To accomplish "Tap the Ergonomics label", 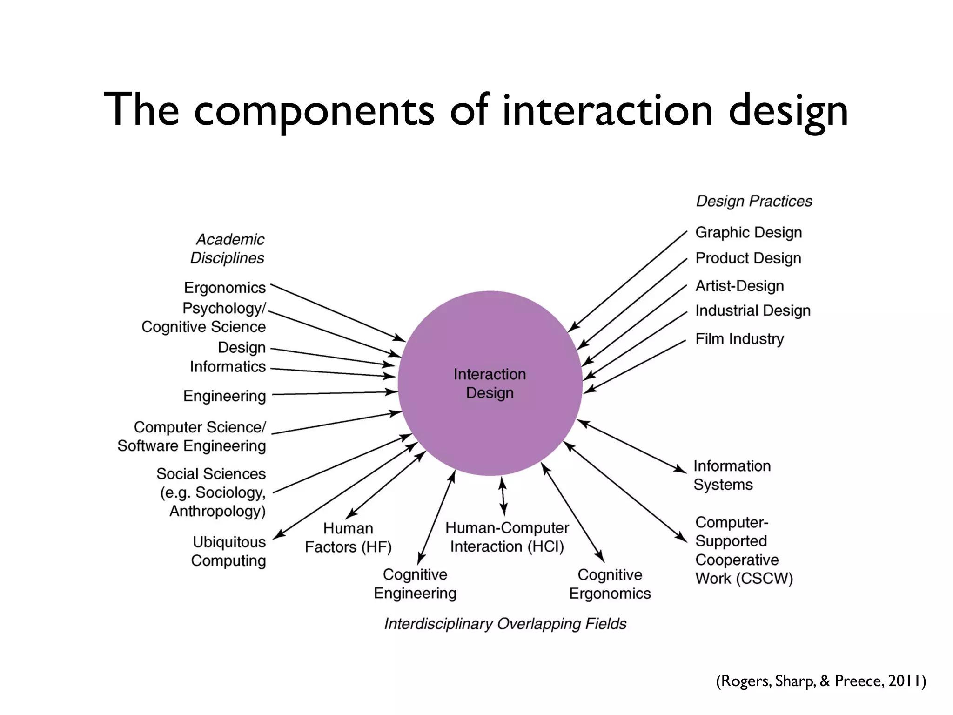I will [x=225, y=288].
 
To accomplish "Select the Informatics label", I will [x=228, y=367].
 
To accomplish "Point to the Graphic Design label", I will [x=748, y=232].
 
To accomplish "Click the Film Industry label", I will [x=739, y=339].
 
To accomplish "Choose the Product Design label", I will [x=748, y=258].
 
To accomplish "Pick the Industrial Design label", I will [x=752, y=310].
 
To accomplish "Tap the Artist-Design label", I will [x=739, y=286].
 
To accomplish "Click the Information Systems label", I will [x=732, y=475].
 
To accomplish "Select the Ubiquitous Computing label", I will [x=229, y=551].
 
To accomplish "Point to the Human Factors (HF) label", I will [x=348, y=538].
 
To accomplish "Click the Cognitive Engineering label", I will [x=415, y=584].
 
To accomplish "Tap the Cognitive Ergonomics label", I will [x=610, y=584].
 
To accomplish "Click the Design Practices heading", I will [x=754, y=201].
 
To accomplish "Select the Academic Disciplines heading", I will [x=228, y=249].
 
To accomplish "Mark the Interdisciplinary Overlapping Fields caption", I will [x=505, y=624].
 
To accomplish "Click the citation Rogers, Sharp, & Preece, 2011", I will [x=821, y=681].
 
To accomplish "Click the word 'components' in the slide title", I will [x=314, y=111].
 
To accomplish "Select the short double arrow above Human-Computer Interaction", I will [x=503, y=496].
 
